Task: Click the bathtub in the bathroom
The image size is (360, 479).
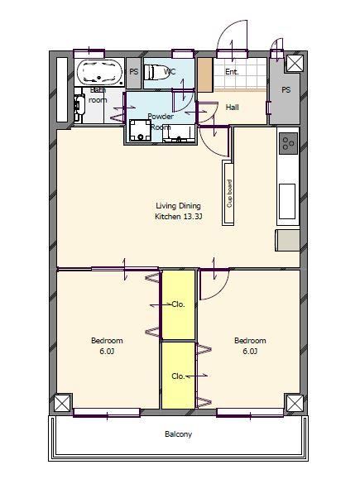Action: pos(99,72)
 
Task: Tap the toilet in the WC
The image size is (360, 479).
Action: pos(156,72)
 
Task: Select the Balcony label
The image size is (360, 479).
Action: pos(178,434)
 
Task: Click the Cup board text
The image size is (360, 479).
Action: pos(229,194)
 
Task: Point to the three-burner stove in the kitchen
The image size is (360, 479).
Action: pos(288,143)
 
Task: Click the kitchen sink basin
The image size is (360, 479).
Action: pos(287,201)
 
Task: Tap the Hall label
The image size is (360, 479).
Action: pos(232,108)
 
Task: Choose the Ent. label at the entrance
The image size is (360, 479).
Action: pos(232,72)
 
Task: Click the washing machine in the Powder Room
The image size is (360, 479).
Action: pos(140,130)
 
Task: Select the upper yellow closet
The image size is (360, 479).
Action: pos(178,304)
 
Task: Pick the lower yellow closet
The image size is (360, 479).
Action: pos(178,375)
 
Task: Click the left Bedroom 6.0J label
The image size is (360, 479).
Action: pos(107,346)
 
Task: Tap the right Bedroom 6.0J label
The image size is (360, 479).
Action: pos(250,346)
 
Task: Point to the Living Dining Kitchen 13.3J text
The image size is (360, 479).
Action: pos(178,211)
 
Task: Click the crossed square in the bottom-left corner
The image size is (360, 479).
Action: pos(62,403)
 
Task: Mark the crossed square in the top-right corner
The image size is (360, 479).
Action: pos(295,64)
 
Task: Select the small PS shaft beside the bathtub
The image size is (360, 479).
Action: pos(134,73)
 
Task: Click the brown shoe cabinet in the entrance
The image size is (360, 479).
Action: pos(205,75)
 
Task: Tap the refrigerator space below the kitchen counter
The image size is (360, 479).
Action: pos(287,241)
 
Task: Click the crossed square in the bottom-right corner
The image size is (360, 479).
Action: pos(295,403)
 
